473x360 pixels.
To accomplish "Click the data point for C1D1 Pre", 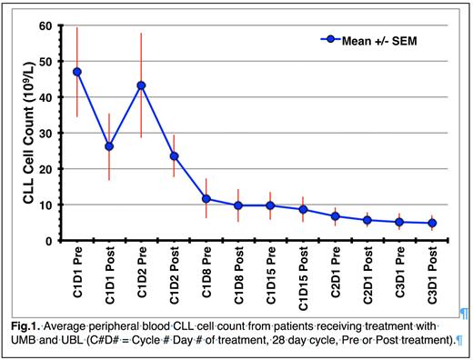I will (76, 72).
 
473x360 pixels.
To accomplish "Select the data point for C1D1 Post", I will (109, 146).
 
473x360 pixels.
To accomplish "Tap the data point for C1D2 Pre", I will (141, 85).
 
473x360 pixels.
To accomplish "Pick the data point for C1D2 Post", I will (174, 156).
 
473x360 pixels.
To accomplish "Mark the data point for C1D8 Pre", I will (206, 199).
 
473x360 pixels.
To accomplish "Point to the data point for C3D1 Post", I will (433, 223).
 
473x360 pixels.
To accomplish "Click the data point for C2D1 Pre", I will (336, 216).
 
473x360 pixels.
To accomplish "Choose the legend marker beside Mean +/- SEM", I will (333, 39).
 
